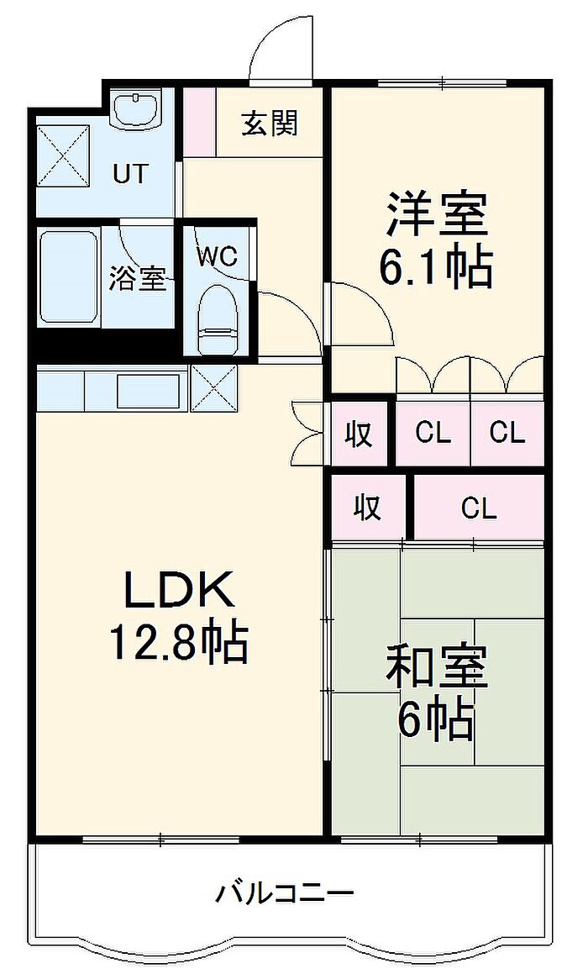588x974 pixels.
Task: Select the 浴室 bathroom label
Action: pyautogui.click(x=138, y=279)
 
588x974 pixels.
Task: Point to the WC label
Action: pyautogui.click(x=218, y=256)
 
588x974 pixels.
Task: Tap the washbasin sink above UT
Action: pyautogui.click(x=137, y=108)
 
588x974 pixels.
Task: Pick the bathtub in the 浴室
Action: pyautogui.click(x=68, y=277)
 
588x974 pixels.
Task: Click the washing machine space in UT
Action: pyautogui.click(x=63, y=155)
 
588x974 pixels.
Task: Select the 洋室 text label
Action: pyautogui.click(x=436, y=213)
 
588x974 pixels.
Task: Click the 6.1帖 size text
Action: pyautogui.click(x=436, y=267)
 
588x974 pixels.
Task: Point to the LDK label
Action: pyautogui.click(x=180, y=589)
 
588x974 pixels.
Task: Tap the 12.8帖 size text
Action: pyautogui.click(x=179, y=642)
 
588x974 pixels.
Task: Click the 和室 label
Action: pyautogui.click(x=436, y=666)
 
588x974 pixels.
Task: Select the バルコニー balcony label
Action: pyautogui.click(x=285, y=894)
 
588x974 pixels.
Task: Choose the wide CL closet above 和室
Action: pyautogui.click(x=479, y=508)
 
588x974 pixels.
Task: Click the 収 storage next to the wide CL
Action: pyautogui.click(x=368, y=508)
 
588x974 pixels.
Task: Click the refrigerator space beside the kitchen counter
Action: pyautogui.click(x=213, y=388)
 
